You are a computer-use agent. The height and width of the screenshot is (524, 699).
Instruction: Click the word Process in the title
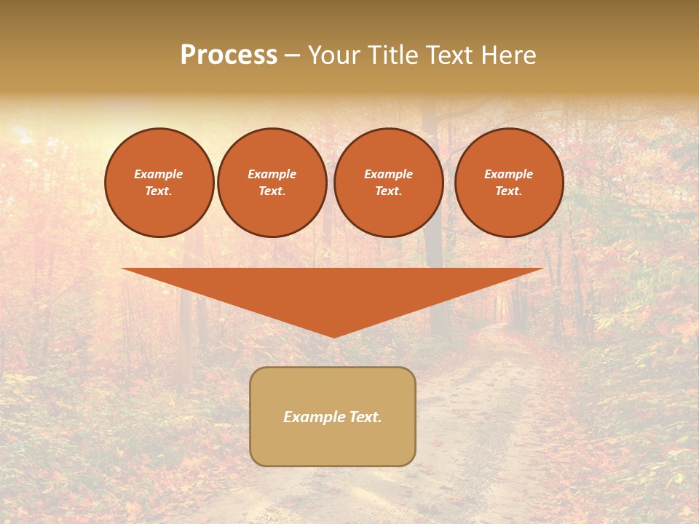(229, 55)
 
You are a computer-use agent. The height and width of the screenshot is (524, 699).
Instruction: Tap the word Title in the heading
(392, 55)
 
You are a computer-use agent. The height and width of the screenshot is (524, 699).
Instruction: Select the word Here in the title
(509, 55)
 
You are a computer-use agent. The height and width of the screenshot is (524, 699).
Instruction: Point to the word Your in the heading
(335, 55)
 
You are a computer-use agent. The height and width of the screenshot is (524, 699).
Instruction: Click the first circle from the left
(159, 183)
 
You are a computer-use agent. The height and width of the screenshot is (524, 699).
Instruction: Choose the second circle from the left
(272, 183)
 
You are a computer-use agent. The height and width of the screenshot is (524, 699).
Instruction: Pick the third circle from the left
(389, 183)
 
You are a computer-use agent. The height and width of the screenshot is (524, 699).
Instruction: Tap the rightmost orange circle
(509, 183)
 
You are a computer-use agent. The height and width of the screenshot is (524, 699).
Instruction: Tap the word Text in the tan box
(365, 417)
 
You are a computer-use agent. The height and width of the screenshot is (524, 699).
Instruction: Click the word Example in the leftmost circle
(159, 175)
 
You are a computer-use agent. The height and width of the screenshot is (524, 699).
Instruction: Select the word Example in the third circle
(389, 175)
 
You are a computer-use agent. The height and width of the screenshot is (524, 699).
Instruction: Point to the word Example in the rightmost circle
(509, 175)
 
